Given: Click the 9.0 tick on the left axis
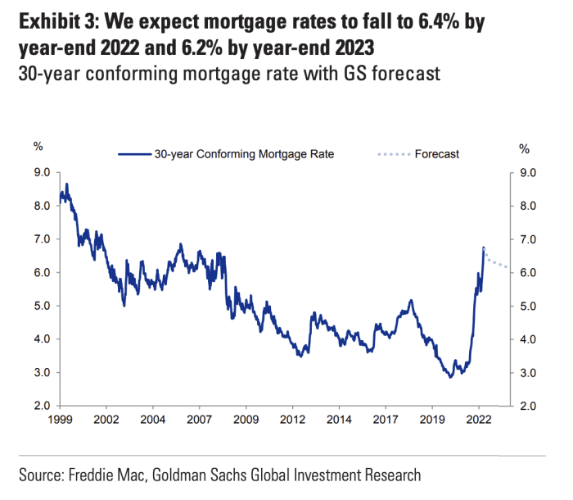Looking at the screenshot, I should pos(42,173).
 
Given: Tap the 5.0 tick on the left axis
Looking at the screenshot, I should pos(42,306).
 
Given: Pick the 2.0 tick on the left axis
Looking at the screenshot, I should pos(42,406).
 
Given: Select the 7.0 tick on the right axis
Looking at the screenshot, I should pos(529,239).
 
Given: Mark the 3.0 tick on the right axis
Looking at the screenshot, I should pos(529,373).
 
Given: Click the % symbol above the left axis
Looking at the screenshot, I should pos(38,148).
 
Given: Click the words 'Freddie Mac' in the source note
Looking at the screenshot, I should pos(100,475).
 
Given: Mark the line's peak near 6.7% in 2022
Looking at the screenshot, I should pos(484,247).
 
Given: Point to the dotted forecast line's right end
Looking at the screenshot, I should pos(508,267).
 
